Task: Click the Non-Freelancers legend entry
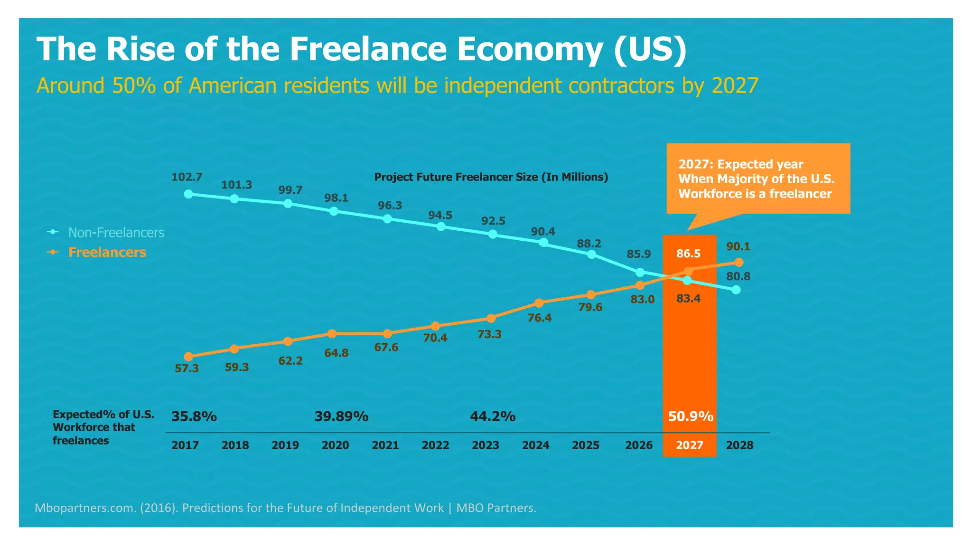pyautogui.click(x=116, y=232)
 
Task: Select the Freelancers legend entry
pyautogui.click(x=107, y=252)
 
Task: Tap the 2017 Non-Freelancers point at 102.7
pyautogui.click(x=188, y=194)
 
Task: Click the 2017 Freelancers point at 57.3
pyautogui.click(x=188, y=357)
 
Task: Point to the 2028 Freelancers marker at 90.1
pyautogui.click(x=739, y=262)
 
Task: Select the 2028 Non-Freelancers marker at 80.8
pyautogui.click(x=736, y=290)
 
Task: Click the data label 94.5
pyautogui.click(x=440, y=215)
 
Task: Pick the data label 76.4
pyautogui.click(x=540, y=318)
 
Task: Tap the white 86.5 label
pyautogui.click(x=688, y=254)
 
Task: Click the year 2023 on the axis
pyautogui.click(x=486, y=445)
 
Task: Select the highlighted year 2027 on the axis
pyautogui.click(x=690, y=445)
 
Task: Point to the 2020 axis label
pyautogui.click(x=335, y=445)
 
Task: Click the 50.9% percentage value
pyautogui.click(x=691, y=416)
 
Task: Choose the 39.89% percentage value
pyautogui.click(x=341, y=416)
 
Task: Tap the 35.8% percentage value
pyautogui.click(x=194, y=416)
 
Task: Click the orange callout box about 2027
pyautogui.click(x=758, y=179)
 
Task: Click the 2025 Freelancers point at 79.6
pyautogui.click(x=590, y=295)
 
